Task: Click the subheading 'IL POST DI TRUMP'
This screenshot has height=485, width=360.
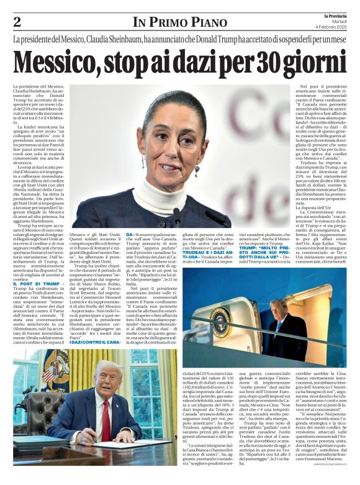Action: click(38, 284)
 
